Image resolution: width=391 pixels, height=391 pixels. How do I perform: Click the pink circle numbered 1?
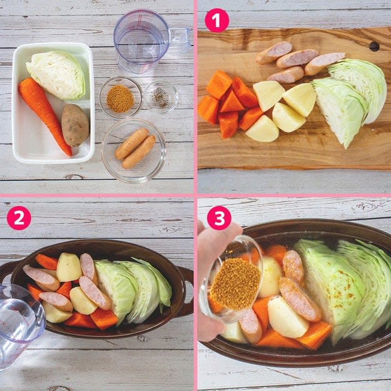point(216,20)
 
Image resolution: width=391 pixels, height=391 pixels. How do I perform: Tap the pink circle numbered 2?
point(19,218)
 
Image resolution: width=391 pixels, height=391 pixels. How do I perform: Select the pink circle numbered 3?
point(219,218)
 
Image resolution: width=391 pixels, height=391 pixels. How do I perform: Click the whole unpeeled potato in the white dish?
point(75,124)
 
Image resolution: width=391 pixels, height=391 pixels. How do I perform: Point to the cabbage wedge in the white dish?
point(57,74)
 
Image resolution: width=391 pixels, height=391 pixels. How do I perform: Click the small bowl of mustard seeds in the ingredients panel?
point(121,98)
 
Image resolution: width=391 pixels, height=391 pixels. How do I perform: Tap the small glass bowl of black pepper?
point(161,97)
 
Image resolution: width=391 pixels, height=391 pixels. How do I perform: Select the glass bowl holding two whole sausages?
point(134,151)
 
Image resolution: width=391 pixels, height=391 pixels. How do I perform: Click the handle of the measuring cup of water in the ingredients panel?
point(180,39)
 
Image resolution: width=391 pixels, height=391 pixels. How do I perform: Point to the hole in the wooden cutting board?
point(374,46)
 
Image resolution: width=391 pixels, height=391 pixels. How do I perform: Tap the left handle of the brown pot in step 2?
point(6,272)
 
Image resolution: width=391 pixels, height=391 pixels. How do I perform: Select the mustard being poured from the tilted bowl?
point(235,283)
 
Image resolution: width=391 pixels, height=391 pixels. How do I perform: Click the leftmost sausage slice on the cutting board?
point(274,53)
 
